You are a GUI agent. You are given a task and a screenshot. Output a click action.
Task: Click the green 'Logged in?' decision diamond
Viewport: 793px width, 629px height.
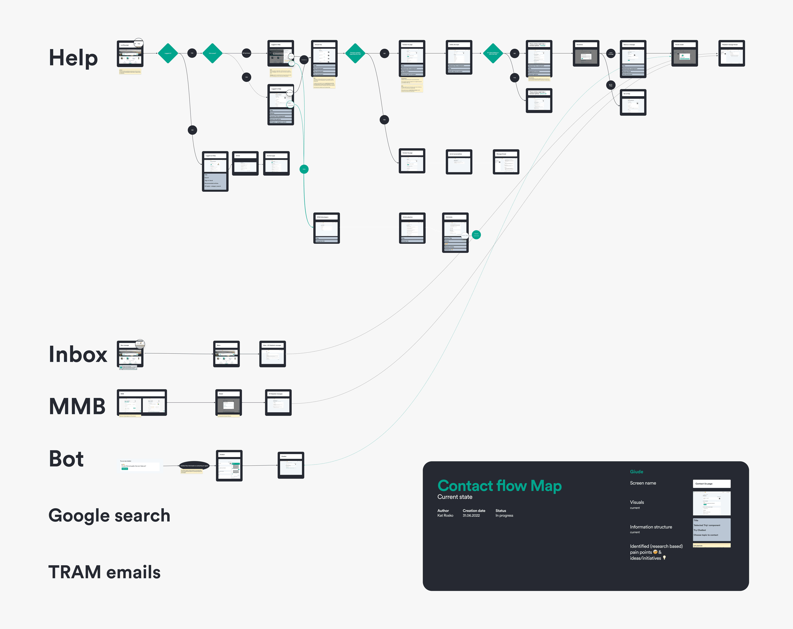point(168,53)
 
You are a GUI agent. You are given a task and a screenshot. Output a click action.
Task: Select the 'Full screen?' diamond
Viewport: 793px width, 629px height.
point(212,53)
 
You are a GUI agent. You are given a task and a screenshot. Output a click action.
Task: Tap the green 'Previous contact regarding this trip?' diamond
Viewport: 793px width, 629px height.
point(355,53)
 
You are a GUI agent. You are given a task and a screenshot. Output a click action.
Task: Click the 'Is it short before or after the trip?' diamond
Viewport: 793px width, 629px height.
point(493,53)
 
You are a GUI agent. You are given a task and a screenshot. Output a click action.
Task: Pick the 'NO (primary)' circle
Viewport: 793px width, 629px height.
point(246,53)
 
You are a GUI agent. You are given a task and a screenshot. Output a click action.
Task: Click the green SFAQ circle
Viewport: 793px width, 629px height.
point(304,169)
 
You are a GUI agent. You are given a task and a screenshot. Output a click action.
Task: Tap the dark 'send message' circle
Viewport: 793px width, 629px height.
point(611,53)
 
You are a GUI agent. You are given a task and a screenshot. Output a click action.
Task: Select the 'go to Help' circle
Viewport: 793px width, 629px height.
point(611,85)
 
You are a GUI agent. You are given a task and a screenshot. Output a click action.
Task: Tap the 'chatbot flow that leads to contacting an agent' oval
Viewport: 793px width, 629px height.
point(194,466)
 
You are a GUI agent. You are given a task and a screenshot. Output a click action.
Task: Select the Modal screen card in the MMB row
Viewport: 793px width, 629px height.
point(228,403)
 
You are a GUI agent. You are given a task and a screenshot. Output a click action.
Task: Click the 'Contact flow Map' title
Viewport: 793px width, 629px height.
point(499,486)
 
